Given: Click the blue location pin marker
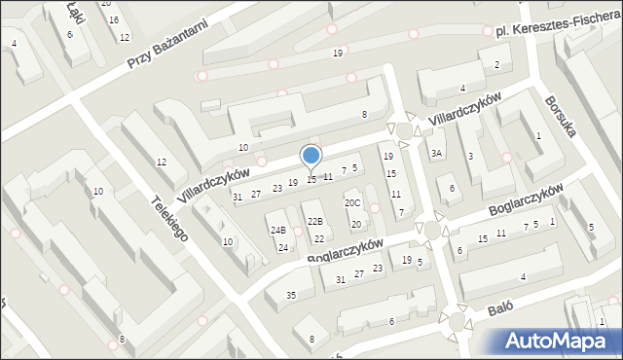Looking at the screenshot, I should (311, 157).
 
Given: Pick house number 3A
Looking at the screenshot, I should (437, 153).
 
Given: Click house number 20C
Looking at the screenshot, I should (352, 203).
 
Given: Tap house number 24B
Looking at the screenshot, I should (278, 231).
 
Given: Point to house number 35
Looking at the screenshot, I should (290, 295).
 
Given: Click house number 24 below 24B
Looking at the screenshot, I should (283, 248).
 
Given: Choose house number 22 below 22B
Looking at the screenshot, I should (318, 238).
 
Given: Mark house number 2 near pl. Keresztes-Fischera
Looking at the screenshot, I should (496, 65).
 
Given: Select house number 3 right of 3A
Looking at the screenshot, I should (470, 156).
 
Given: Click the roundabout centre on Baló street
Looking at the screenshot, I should (456, 320).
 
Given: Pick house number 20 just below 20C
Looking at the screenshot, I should (355, 224).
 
